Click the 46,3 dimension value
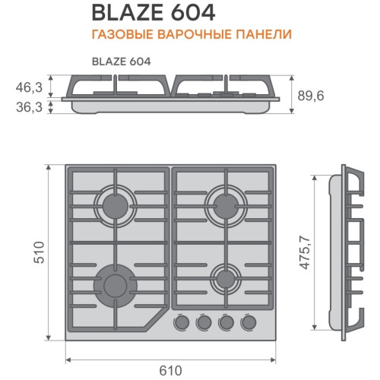coord(29,87)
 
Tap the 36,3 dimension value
coord(29,107)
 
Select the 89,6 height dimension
coord(311,96)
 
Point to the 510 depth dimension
coord(40,252)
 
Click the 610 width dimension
coord(170,371)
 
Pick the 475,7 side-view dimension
coord(305,252)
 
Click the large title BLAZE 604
coord(154,13)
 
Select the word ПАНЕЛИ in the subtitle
coord(264,34)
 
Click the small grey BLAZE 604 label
coord(122,62)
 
